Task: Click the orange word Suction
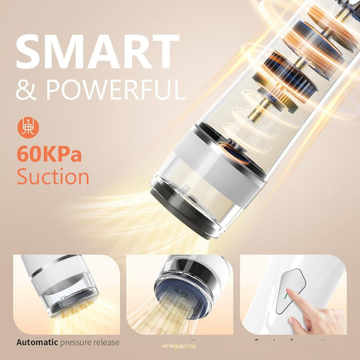[x=52, y=178]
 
